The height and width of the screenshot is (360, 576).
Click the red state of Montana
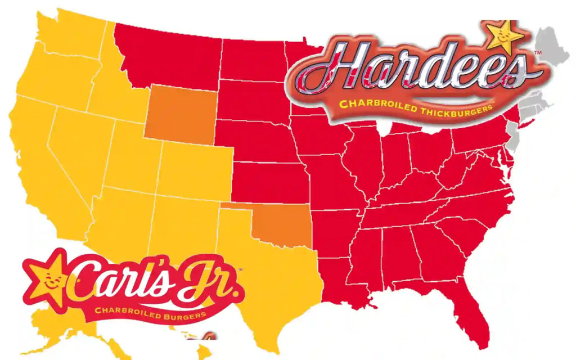(x=169, y=56)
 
